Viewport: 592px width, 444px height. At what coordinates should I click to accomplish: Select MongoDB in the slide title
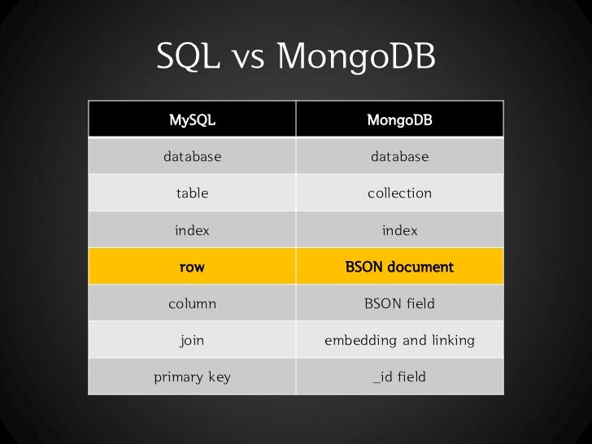356,56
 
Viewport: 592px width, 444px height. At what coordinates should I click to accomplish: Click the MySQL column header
192,120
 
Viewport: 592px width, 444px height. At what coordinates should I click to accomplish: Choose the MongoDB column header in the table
399,120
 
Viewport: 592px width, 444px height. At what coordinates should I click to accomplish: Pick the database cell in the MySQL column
192,157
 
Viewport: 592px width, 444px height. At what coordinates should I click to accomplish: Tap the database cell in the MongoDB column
399,157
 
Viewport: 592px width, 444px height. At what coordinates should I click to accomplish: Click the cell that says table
192,194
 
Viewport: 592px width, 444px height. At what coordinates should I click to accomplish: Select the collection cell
399,194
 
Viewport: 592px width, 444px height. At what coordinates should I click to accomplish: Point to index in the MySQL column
192,230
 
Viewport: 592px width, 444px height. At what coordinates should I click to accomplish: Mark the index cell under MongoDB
399,230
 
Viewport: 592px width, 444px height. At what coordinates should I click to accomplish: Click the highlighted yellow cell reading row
192,267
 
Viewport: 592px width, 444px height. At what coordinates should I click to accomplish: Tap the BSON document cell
399,267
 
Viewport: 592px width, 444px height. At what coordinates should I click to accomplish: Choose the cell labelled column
192,303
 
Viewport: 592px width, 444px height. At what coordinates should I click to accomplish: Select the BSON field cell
399,303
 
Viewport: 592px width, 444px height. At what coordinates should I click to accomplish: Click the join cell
192,340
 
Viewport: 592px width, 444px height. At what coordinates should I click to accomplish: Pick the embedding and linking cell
399,340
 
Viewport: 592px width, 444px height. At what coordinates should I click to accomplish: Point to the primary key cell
192,377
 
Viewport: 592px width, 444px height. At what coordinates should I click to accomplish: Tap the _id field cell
399,377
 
